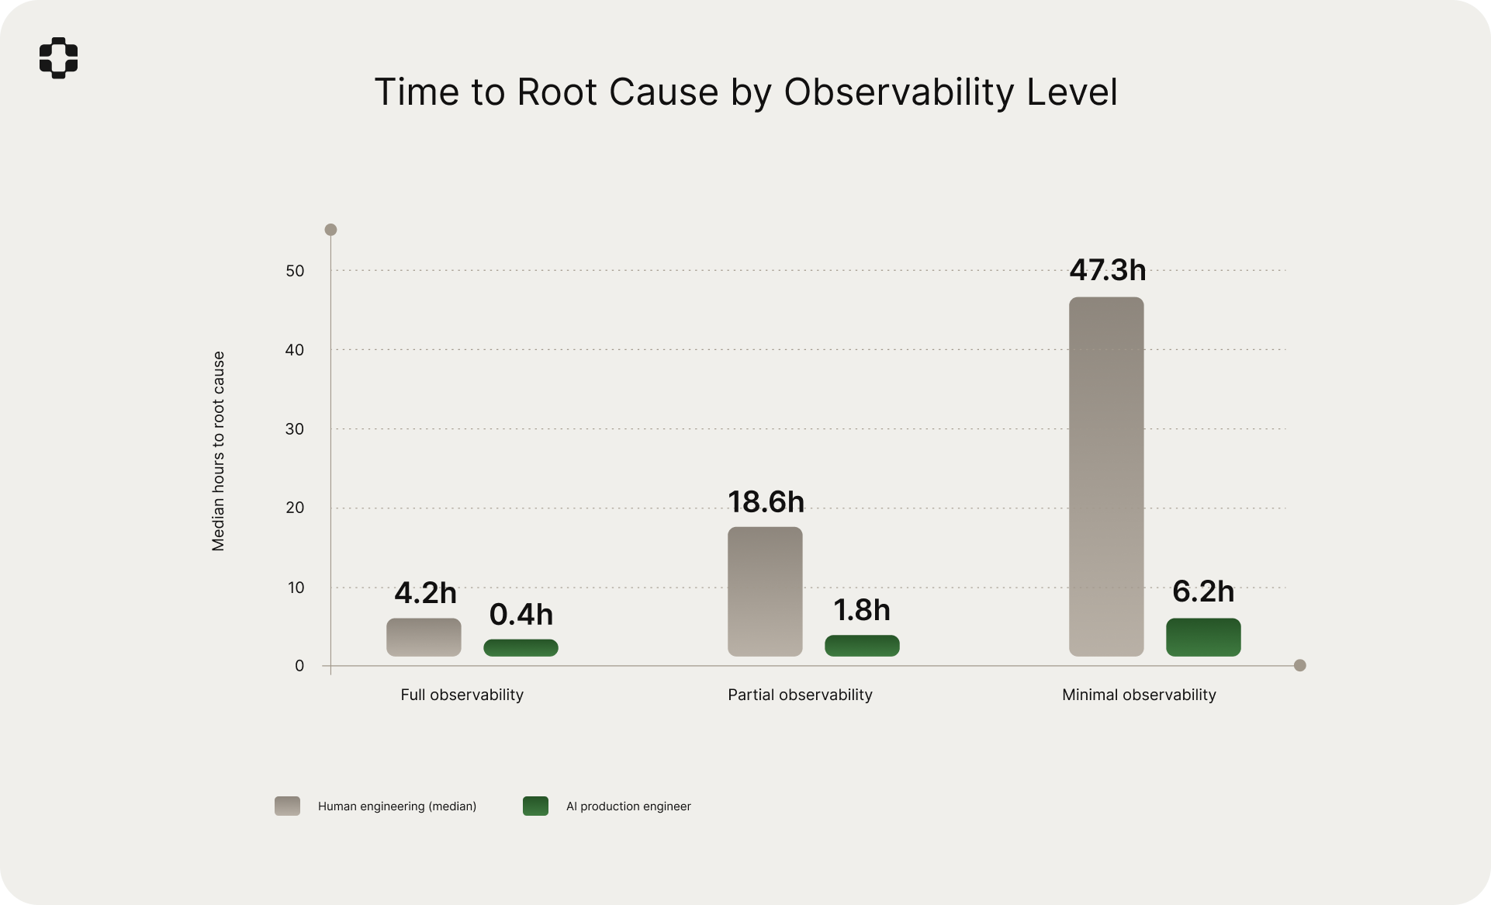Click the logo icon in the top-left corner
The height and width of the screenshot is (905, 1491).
point(58,57)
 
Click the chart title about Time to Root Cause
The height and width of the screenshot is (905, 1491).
point(745,92)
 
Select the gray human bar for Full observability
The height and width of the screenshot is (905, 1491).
point(424,637)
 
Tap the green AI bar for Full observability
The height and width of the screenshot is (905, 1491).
point(521,647)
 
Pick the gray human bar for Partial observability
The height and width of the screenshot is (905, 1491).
point(765,591)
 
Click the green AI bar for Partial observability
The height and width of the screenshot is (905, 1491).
point(862,646)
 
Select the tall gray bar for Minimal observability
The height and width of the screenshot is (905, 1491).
point(1106,477)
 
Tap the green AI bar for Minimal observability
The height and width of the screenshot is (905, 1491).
point(1203,637)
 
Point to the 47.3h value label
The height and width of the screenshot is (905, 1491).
point(1107,270)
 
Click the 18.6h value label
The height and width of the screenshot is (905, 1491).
point(766,502)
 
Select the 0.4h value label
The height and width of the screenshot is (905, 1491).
point(521,615)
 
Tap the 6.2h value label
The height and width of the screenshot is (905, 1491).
point(1203,591)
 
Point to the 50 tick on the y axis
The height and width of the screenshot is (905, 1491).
point(295,271)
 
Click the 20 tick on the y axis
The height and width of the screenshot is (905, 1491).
point(295,508)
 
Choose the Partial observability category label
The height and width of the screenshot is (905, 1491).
point(800,695)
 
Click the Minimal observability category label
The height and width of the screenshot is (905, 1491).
point(1139,695)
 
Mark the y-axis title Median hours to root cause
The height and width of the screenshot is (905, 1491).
point(218,451)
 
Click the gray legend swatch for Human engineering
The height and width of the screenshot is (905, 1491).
point(287,806)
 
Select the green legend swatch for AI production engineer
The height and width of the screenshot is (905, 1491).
point(535,806)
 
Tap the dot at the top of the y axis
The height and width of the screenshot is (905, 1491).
point(330,230)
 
